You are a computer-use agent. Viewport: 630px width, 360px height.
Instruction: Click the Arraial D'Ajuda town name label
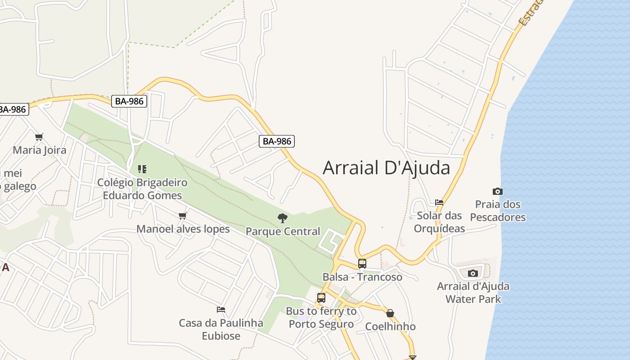coord(386,168)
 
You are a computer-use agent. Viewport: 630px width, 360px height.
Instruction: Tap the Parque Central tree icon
coord(283,218)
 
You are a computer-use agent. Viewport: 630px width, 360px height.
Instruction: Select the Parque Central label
coord(283,231)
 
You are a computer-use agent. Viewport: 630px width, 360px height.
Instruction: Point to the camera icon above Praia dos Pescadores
coord(497,191)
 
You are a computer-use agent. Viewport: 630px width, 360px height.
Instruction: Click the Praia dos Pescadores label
coord(498,211)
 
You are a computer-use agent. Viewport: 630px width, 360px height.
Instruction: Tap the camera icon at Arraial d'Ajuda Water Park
coord(472,273)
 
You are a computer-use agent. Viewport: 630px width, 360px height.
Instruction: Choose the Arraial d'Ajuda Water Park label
coord(473,292)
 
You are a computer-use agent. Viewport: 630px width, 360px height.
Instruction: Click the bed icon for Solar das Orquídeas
coord(439,202)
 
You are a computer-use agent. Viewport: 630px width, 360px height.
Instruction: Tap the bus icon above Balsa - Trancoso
coord(362,264)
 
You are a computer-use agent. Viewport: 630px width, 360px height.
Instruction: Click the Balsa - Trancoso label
coord(362,277)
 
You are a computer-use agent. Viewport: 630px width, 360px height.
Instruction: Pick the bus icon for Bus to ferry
coord(321,297)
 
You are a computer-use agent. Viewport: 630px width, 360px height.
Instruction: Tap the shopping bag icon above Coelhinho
coord(390,313)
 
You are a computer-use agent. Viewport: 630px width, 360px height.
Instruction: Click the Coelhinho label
coord(390,326)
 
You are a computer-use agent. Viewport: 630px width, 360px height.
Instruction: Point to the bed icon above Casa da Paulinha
coord(221,310)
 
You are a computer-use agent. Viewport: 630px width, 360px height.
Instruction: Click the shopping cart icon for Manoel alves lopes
coord(183,216)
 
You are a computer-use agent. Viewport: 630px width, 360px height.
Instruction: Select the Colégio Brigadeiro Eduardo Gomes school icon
coord(142,169)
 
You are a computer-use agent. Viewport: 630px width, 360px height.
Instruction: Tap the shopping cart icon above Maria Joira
coord(39,137)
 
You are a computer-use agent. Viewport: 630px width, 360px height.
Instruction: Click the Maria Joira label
coord(39,150)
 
